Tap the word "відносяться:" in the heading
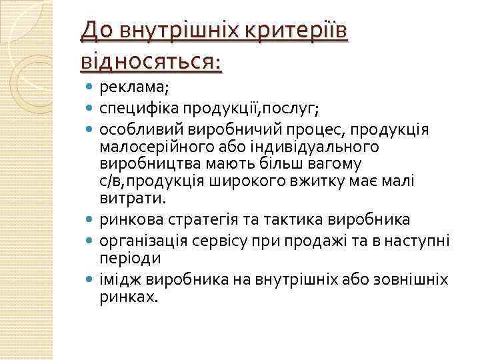click(x=151, y=62)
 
